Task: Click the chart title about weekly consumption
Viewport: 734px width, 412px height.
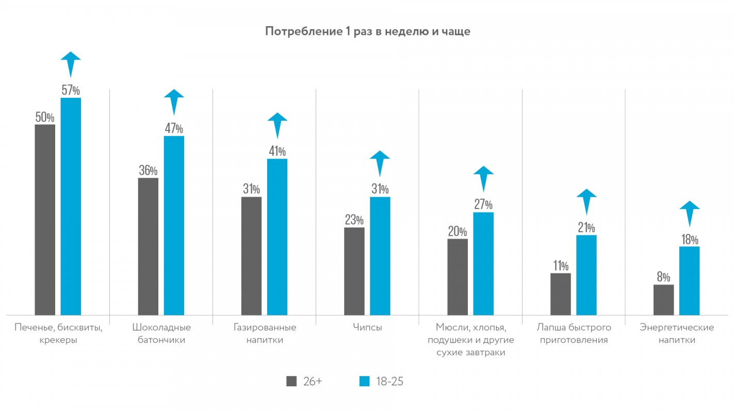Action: click(x=367, y=31)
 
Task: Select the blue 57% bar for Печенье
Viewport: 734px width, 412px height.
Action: click(x=71, y=206)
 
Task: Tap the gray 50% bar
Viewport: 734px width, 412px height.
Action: click(x=45, y=219)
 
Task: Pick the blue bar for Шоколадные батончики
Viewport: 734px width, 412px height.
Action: click(x=174, y=225)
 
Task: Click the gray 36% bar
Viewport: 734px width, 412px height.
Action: click(x=148, y=246)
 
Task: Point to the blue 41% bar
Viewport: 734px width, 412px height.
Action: click(x=277, y=236)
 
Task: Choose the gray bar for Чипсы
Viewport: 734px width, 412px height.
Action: click(x=354, y=271)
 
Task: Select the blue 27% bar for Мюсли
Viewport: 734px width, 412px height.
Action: click(x=483, y=263)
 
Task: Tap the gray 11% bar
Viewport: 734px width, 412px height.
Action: click(x=561, y=294)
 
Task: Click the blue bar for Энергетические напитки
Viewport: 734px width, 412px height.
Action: click(x=690, y=281)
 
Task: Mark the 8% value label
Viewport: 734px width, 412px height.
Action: click(x=663, y=277)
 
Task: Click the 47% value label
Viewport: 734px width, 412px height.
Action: click(x=174, y=128)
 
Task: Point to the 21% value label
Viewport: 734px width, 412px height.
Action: click(x=586, y=228)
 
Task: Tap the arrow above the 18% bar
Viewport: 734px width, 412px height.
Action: click(x=690, y=212)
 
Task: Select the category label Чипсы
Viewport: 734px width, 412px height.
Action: click(x=367, y=328)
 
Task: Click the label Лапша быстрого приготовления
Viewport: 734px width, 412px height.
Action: click(x=574, y=334)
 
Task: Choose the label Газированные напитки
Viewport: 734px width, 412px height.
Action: click(x=265, y=334)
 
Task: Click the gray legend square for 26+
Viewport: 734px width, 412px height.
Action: click(x=291, y=381)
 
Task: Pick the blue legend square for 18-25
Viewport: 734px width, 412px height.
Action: click(x=365, y=381)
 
